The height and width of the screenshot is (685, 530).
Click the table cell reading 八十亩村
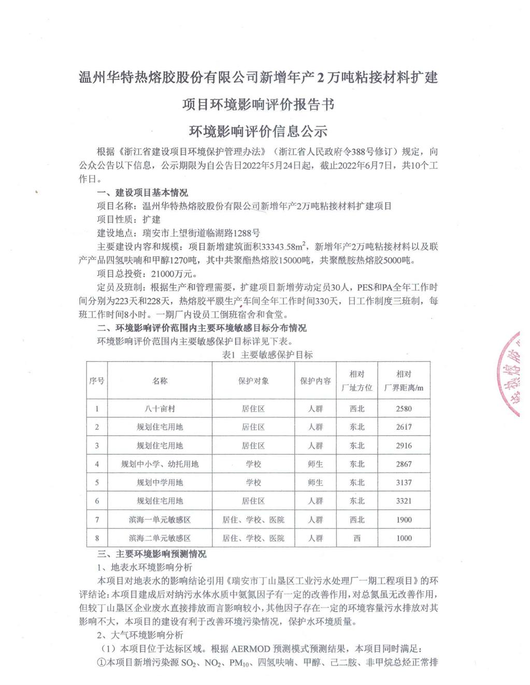point(160,409)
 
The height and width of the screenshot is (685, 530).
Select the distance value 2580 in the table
point(404,409)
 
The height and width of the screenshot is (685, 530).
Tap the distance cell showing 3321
point(404,501)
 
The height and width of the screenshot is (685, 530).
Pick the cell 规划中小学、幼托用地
point(160,464)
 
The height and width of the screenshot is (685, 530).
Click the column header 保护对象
point(253,381)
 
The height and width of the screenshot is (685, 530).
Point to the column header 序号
point(96,381)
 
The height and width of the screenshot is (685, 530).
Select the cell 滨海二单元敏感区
point(160,538)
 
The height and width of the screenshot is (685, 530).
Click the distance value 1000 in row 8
point(404,538)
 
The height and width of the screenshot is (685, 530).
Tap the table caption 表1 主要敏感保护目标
point(267,355)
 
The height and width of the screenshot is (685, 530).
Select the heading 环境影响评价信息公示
point(258,132)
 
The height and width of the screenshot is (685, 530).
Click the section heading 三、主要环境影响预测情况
point(152,554)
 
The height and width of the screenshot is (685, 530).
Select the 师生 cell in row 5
point(315,483)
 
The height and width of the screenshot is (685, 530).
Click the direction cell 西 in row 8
point(357,538)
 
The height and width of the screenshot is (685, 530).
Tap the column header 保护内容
point(315,381)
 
